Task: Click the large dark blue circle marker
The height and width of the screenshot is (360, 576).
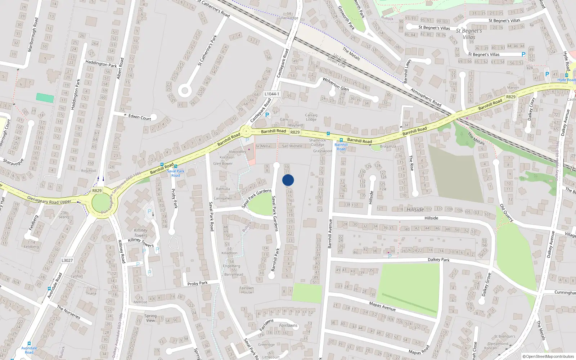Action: click(288, 180)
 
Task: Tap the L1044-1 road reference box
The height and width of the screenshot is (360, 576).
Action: click(272, 94)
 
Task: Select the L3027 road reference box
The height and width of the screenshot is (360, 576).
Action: click(67, 260)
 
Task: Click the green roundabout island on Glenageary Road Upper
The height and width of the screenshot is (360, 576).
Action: click(102, 203)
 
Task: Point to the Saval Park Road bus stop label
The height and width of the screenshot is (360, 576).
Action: click(175, 173)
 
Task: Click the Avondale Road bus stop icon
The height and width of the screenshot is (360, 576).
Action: click(29, 343)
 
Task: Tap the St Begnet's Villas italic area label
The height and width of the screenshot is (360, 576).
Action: click(469, 34)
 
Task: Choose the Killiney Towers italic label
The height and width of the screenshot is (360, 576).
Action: click(141, 233)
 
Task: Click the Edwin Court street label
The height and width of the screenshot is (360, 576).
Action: click(140, 117)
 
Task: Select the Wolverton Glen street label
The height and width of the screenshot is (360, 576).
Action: click(336, 84)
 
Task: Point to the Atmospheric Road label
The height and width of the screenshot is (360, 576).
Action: click(426, 98)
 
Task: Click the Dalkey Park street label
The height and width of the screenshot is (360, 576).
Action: click(438, 260)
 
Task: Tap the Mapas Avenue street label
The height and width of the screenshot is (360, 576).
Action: click(382, 306)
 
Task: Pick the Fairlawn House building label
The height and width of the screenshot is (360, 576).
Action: click(247, 290)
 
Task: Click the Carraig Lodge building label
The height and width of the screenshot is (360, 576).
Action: click(311, 117)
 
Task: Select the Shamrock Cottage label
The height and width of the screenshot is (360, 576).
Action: click(317, 143)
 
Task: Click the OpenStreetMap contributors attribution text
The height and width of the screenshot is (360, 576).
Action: click(549, 356)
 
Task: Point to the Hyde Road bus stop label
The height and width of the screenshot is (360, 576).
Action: click(566, 80)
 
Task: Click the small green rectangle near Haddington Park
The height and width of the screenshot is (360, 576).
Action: click(45, 98)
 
